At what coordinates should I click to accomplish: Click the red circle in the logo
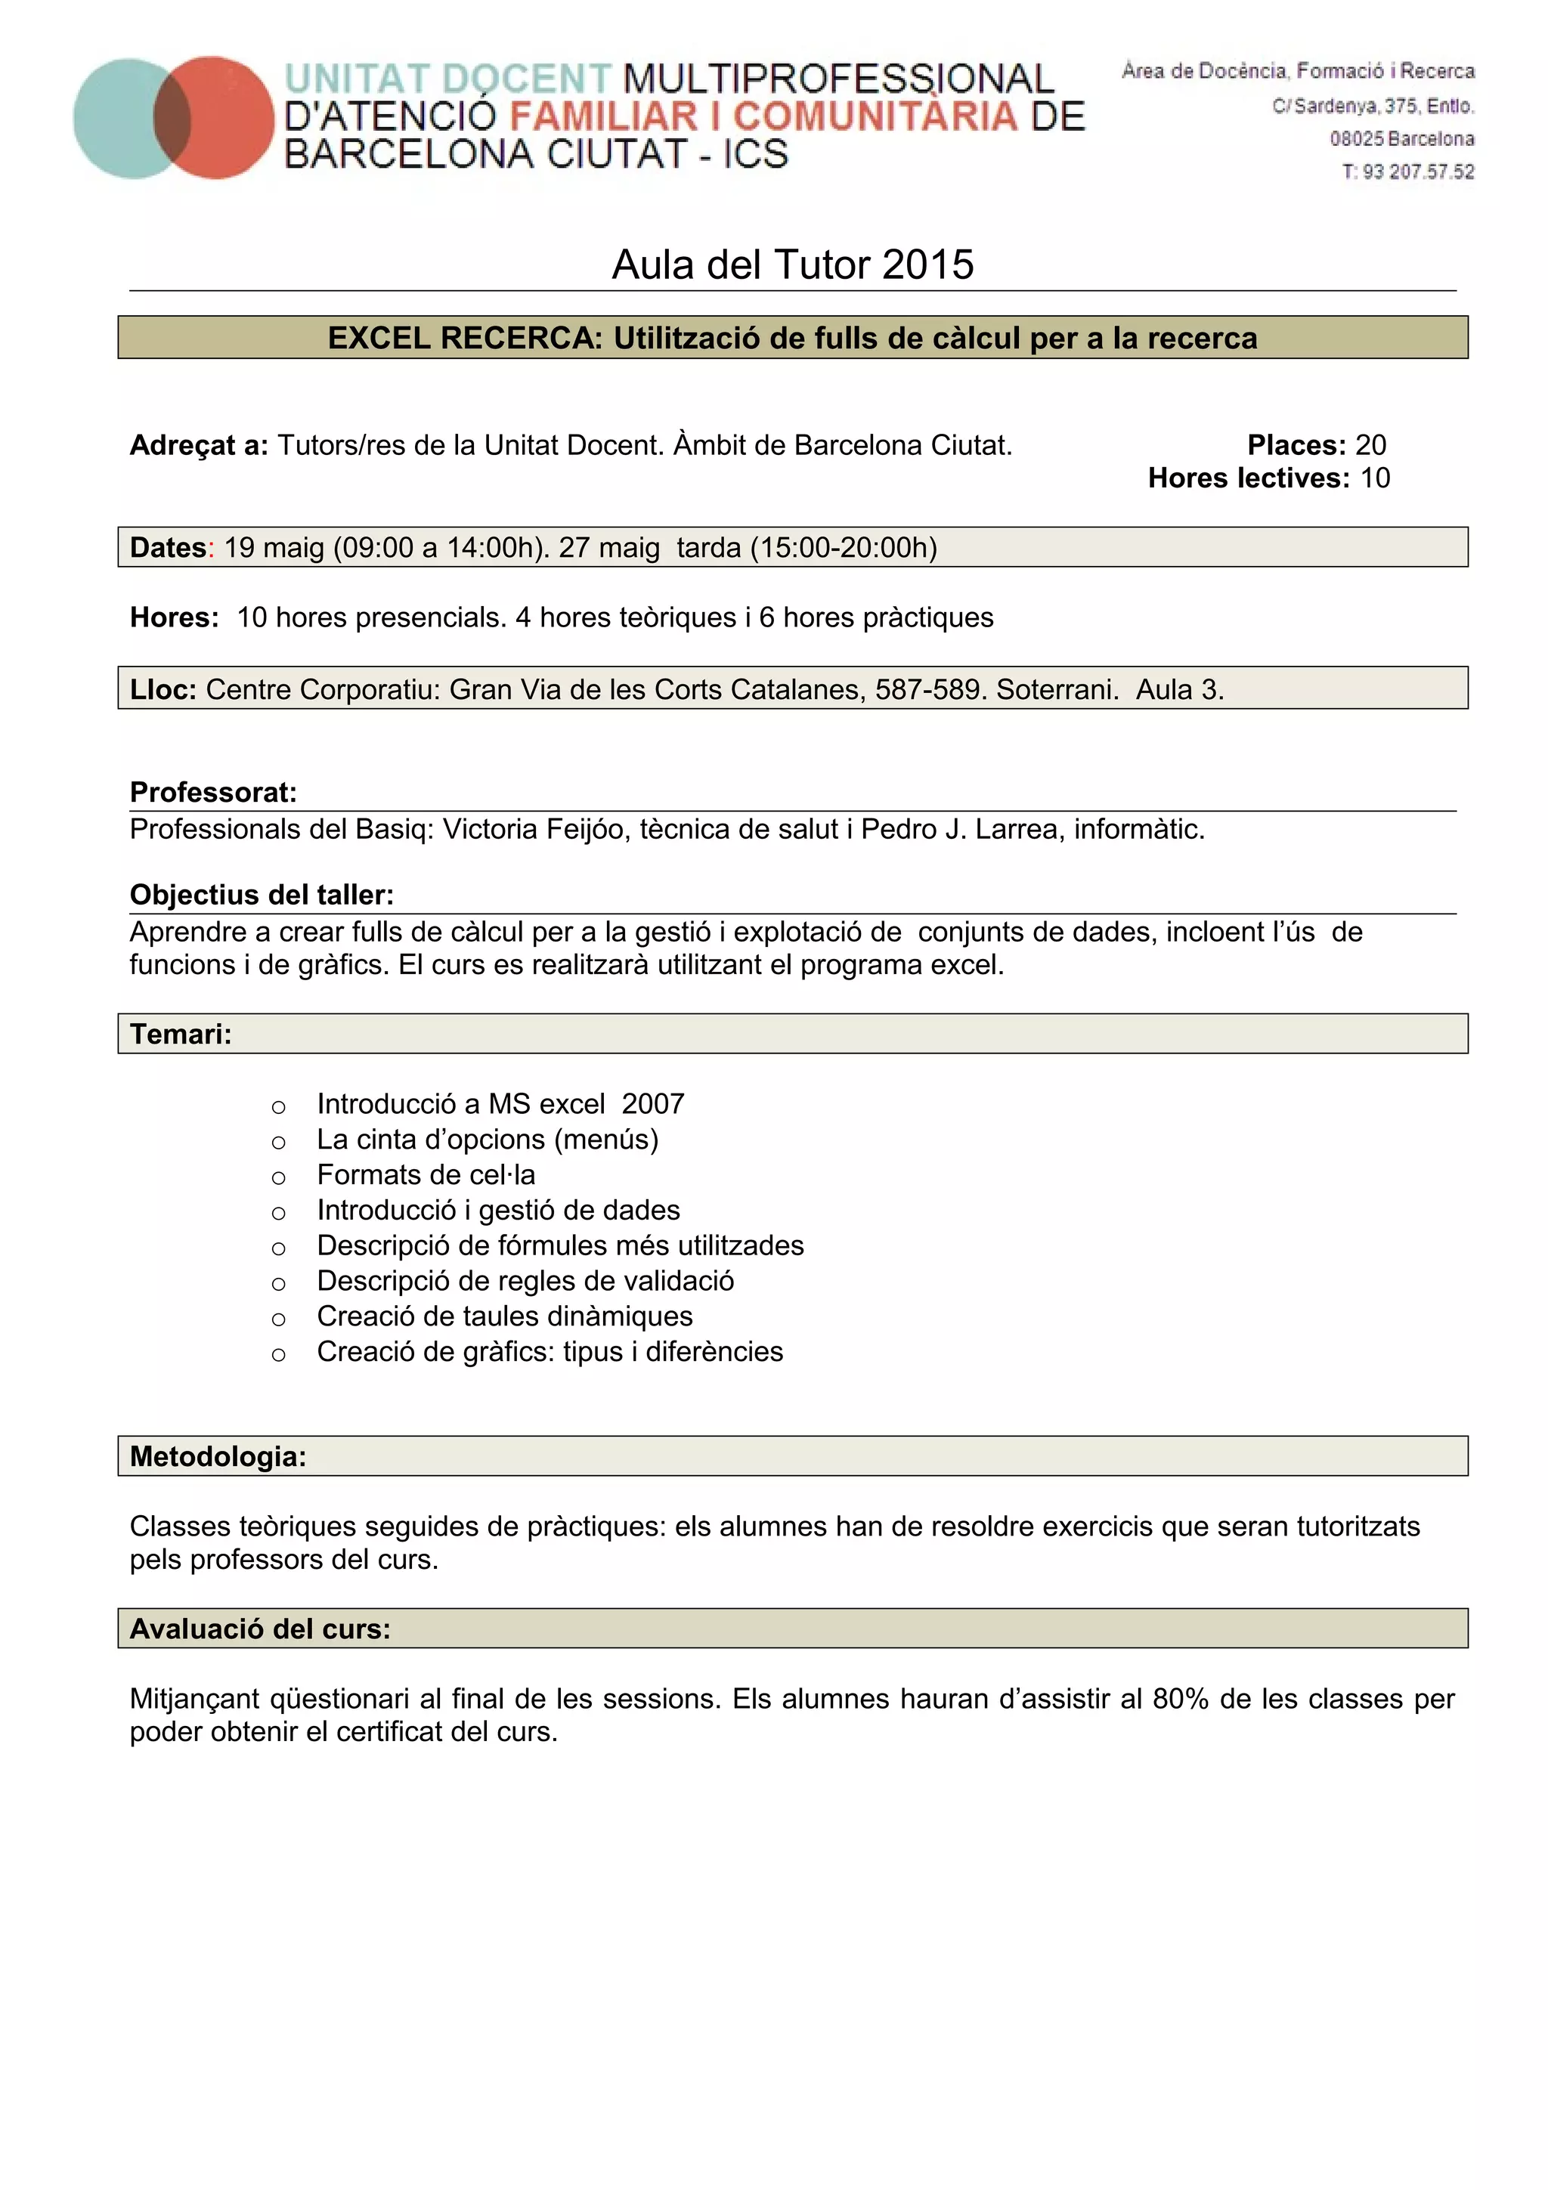pos(229,117)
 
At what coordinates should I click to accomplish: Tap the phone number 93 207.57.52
pos(1417,172)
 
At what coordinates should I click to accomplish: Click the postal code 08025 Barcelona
pos(1402,139)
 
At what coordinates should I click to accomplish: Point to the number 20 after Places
pos(1370,444)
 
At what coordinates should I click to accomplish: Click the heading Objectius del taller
pos(262,895)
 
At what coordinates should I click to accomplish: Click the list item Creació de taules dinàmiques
pos(505,1316)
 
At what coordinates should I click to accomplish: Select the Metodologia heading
pos(218,1456)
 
